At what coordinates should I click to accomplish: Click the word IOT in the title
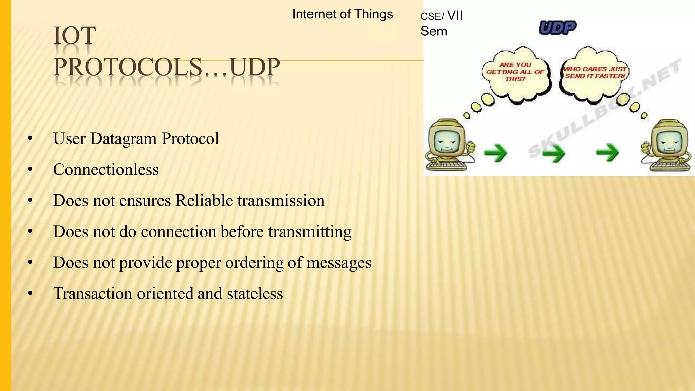click(75, 36)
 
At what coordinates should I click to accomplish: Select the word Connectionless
click(106, 170)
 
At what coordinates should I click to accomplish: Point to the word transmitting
click(310, 232)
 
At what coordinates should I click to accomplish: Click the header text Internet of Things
click(342, 14)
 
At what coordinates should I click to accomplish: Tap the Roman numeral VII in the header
click(455, 16)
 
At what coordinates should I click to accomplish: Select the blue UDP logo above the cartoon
click(558, 28)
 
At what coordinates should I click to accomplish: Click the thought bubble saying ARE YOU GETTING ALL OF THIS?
click(515, 72)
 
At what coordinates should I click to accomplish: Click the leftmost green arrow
click(495, 153)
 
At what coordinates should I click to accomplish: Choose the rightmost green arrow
click(607, 152)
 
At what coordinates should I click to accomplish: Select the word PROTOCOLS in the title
click(128, 67)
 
